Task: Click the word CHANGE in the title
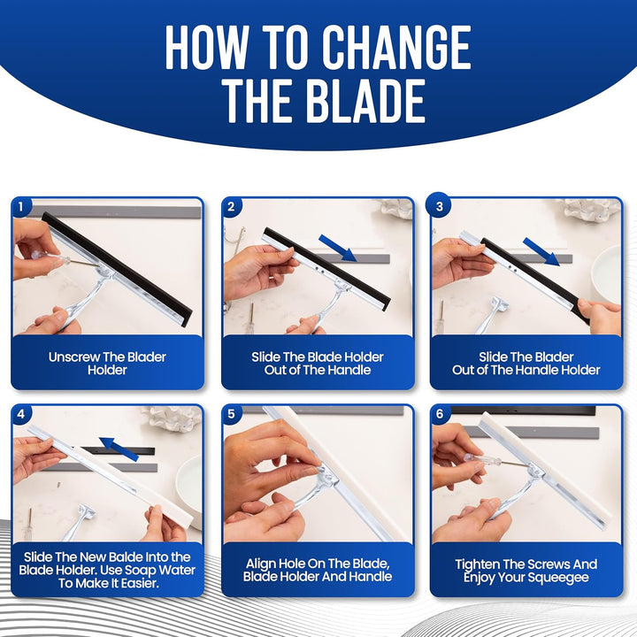click(x=396, y=47)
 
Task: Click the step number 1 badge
click(x=20, y=207)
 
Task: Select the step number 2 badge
click(x=231, y=207)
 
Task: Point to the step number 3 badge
click(x=439, y=207)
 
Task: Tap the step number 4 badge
click(x=20, y=414)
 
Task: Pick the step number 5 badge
click(x=231, y=414)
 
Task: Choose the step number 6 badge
click(x=439, y=414)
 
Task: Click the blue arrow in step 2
click(x=338, y=248)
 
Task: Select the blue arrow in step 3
click(x=541, y=252)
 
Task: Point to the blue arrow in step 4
click(x=119, y=449)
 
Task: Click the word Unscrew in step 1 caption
click(x=74, y=357)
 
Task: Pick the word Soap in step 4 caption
click(x=141, y=570)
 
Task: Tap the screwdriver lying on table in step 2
click(x=251, y=318)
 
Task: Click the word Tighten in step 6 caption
click(x=478, y=564)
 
